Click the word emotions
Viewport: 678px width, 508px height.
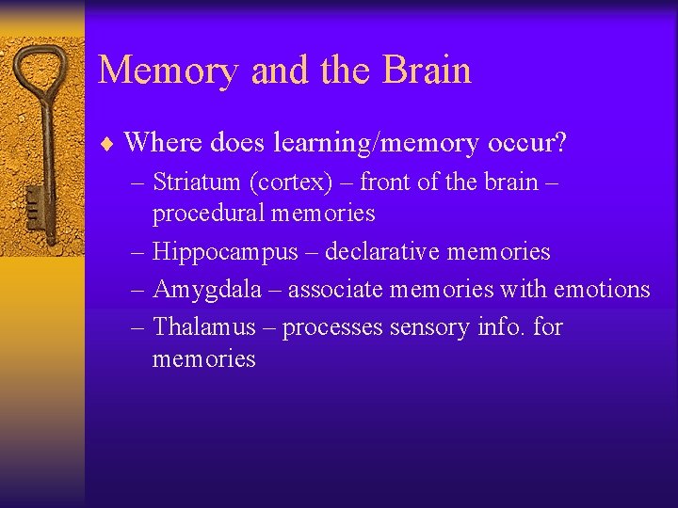(601, 290)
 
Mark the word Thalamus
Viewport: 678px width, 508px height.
(203, 327)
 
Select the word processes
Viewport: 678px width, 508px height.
(330, 328)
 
